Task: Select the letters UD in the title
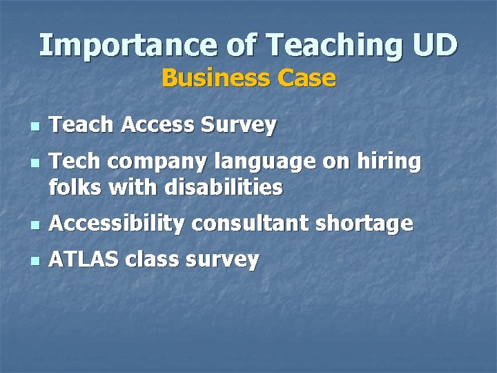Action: coord(435,46)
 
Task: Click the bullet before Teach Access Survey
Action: coord(35,128)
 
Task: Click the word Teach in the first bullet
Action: coord(81,125)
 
